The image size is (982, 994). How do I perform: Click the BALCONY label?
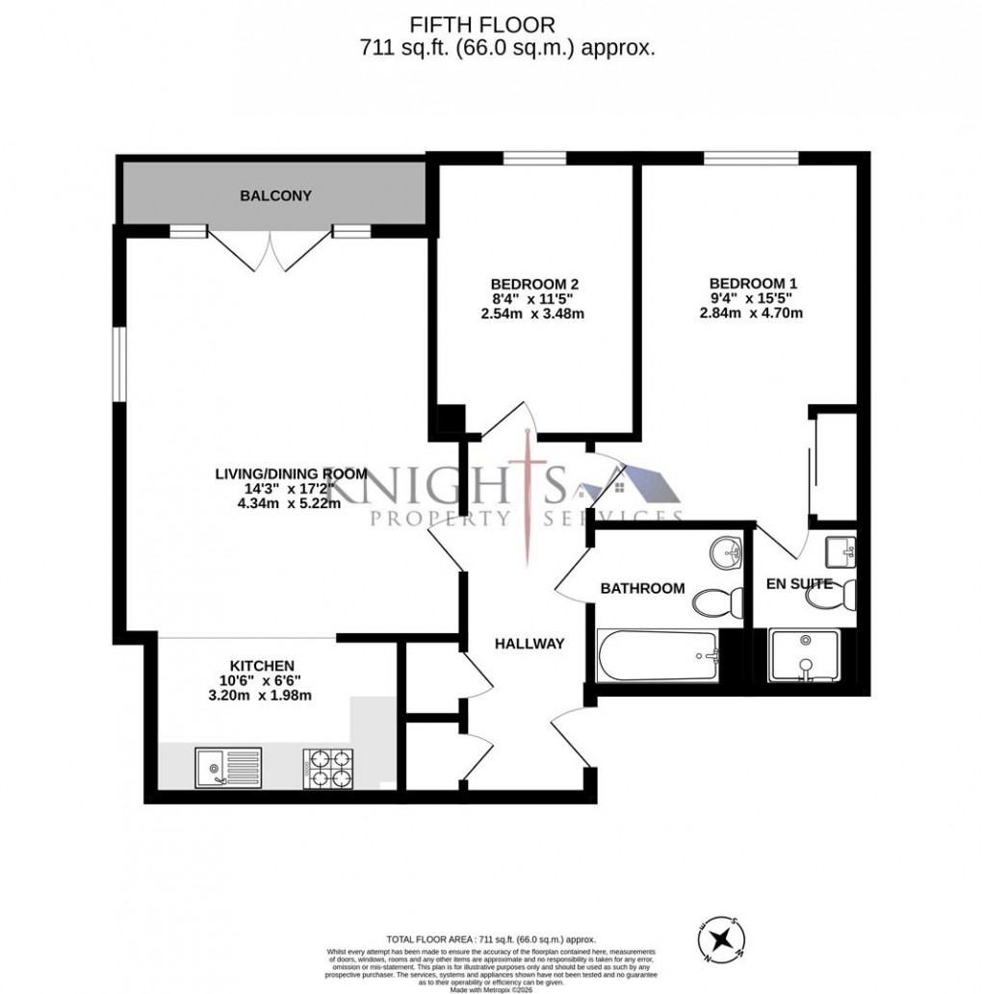tap(275, 196)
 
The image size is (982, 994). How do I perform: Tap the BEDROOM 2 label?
tap(534, 284)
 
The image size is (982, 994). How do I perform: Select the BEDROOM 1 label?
tap(753, 284)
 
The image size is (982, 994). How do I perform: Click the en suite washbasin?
tap(840, 550)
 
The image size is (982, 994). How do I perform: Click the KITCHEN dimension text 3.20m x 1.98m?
tap(261, 696)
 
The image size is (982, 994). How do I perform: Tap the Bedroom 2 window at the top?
tap(533, 159)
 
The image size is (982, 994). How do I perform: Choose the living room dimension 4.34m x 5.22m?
tap(291, 504)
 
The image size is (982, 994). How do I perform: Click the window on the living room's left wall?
tap(119, 365)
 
